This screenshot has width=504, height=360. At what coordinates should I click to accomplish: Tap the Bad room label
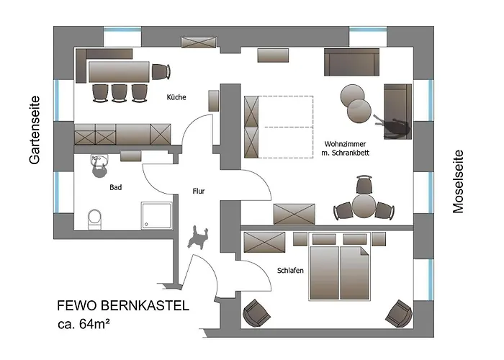(116, 187)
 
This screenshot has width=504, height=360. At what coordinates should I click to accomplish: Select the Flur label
(199, 192)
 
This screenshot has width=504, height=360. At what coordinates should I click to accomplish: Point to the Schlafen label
(289, 270)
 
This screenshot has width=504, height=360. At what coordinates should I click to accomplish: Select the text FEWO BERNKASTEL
(123, 306)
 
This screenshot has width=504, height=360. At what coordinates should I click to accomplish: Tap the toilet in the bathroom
(94, 217)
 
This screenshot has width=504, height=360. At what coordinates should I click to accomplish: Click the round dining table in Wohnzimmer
(364, 207)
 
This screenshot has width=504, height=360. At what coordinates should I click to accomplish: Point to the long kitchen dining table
(119, 71)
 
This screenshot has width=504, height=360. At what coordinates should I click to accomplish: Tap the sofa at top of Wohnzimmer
(351, 62)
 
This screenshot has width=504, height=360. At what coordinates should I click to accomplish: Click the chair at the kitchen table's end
(161, 72)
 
